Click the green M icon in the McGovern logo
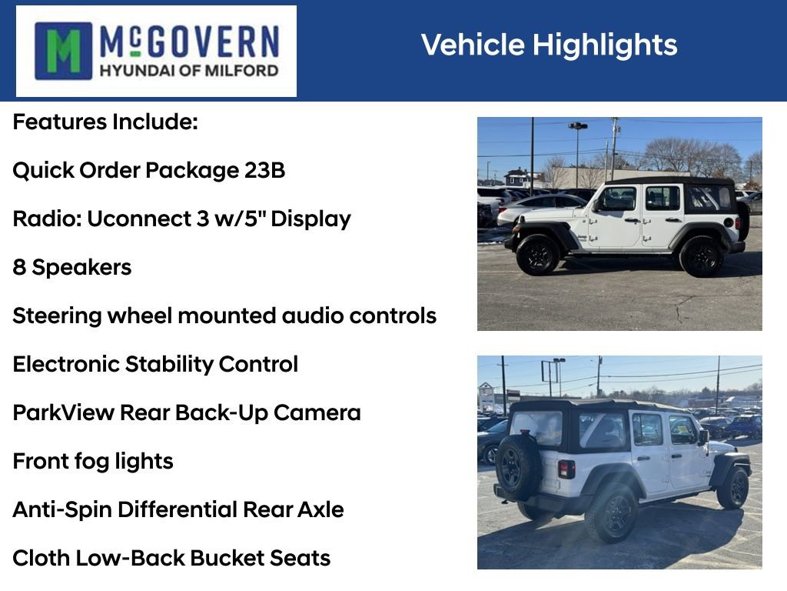(x=63, y=51)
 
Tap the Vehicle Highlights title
(x=549, y=45)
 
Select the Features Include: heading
(x=105, y=122)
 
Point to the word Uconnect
(x=135, y=219)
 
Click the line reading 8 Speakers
(x=71, y=267)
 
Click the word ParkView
(x=63, y=412)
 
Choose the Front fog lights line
(x=92, y=461)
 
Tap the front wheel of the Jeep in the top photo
(x=537, y=255)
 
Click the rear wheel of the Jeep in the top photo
(x=700, y=256)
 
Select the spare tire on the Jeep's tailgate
(x=517, y=466)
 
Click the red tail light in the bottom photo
(x=566, y=469)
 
